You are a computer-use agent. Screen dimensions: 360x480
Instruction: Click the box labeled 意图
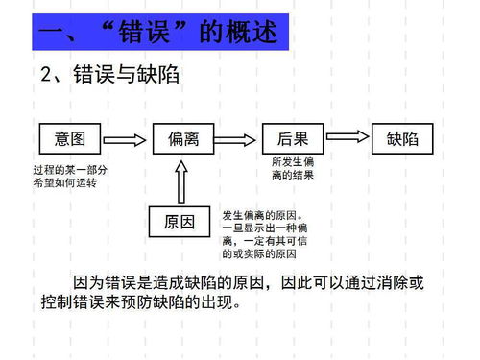point(69,139)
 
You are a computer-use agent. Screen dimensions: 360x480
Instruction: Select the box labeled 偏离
point(182,139)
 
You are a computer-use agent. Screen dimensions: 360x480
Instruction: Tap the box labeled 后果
point(293,139)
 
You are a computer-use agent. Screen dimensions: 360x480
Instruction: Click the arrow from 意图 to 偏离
point(126,139)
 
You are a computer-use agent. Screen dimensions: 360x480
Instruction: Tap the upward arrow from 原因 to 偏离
point(182,180)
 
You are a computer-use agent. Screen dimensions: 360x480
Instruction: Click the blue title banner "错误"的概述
point(161,35)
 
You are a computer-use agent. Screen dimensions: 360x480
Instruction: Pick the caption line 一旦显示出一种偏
point(264,228)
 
